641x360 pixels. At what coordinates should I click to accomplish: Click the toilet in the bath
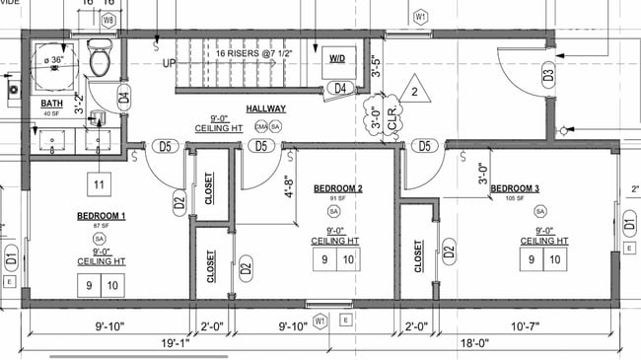pyautogui.click(x=99, y=60)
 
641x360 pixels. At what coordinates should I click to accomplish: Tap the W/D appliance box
pyautogui.click(x=337, y=59)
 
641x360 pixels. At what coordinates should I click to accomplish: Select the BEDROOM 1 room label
pyautogui.click(x=101, y=215)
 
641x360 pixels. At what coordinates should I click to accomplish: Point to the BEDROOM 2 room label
pyautogui.click(x=338, y=188)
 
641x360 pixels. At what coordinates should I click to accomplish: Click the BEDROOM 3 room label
pyautogui.click(x=515, y=188)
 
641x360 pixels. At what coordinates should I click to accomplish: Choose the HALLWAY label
pyautogui.click(x=266, y=109)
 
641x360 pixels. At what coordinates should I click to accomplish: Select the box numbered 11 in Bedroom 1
pyautogui.click(x=99, y=184)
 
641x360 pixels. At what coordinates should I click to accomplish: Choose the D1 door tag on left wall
pyautogui.click(x=11, y=261)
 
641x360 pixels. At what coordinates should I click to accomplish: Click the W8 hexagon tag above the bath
pyautogui.click(x=108, y=19)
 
